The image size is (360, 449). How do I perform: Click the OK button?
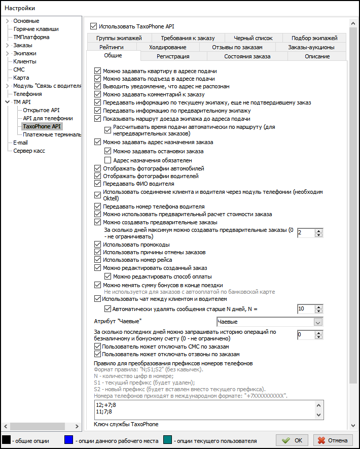pyautogui.click(x=294, y=440)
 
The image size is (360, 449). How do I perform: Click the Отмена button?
pyautogui.click(x=333, y=440)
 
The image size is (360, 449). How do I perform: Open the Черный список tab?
pyautogui.click(x=253, y=38)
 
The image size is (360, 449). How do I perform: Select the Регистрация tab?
pyautogui.click(x=173, y=56)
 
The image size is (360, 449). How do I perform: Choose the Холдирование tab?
pyautogui.click(x=167, y=47)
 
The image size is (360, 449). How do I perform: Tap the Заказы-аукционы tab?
pyautogui.click(x=311, y=47)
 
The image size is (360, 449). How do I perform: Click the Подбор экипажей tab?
pyautogui.click(x=314, y=38)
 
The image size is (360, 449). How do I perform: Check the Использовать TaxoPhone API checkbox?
pyautogui.click(x=93, y=25)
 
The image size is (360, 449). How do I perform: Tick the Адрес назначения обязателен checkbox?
pyautogui.click(x=107, y=160)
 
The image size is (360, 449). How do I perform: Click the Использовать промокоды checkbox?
pyautogui.click(x=98, y=245)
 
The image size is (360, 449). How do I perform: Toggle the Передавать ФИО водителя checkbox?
pyautogui.click(x=98, y=184)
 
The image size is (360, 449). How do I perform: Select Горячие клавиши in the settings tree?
pyautogui.click(x=35, y=29)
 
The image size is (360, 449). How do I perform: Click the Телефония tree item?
pyautogui.click(x=27, y=94)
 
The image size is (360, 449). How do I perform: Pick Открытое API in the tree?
pyautogui.click(x=41, y=110)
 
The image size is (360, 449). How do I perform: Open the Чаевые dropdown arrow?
pyautogui.click(x=318, y=322)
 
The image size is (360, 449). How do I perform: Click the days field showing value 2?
pyautogui.click(x=305, y=233)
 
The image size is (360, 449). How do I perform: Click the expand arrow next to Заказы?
pyautogui.click(x=8, y=45)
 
